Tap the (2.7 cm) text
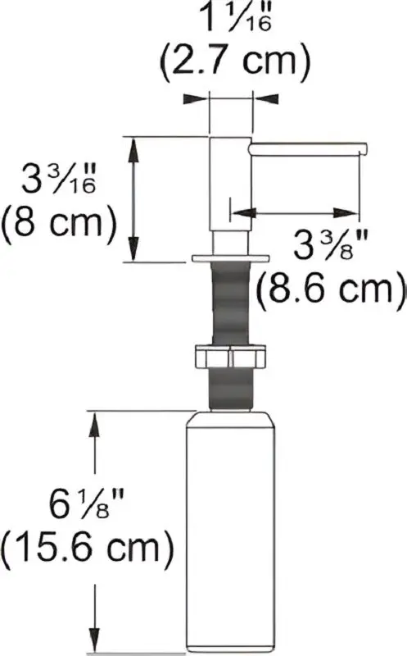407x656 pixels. tap(235, 61)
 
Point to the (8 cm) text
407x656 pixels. tap(58, 222)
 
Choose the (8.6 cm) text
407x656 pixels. tap(330, 289)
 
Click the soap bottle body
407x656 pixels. tap(231, 531)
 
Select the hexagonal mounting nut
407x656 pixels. tap(229, 356)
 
